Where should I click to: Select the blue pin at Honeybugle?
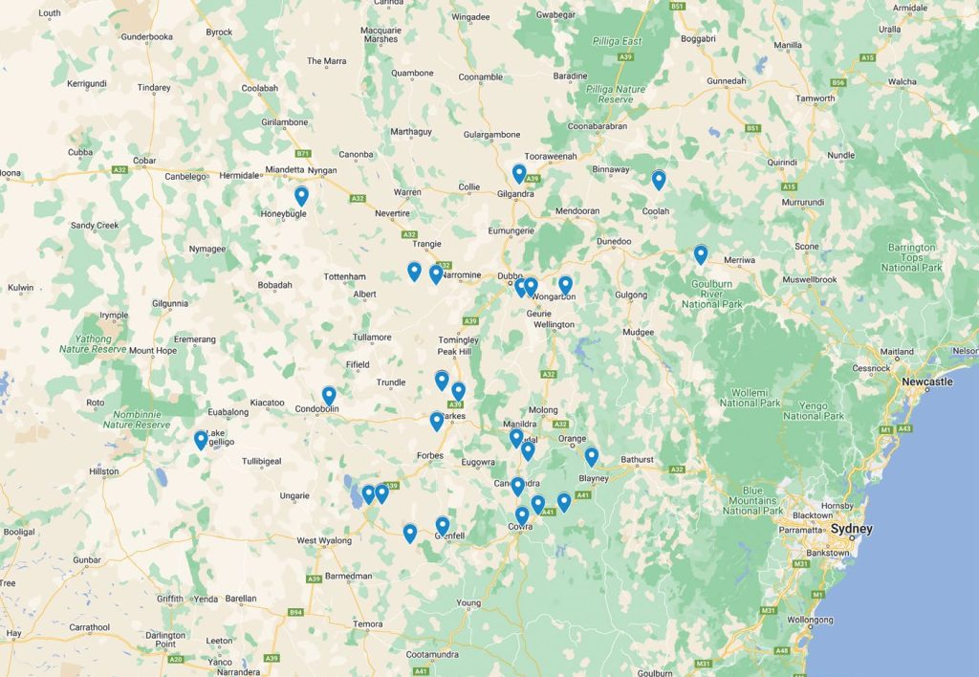point(301,196)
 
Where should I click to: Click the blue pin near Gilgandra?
point(519,174)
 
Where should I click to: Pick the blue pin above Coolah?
point(659,180)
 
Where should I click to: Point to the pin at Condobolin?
point(329,395)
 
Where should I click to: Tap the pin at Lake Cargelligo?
point(201,440)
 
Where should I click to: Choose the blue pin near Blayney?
point(592,456)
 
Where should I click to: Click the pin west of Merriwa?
point(701,254)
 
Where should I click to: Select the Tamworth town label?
point(816,98)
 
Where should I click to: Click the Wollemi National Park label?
point(757,397)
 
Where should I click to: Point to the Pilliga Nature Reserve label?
point(622,94)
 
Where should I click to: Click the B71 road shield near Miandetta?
point(304,153)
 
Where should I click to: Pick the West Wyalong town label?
point(320,541)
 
